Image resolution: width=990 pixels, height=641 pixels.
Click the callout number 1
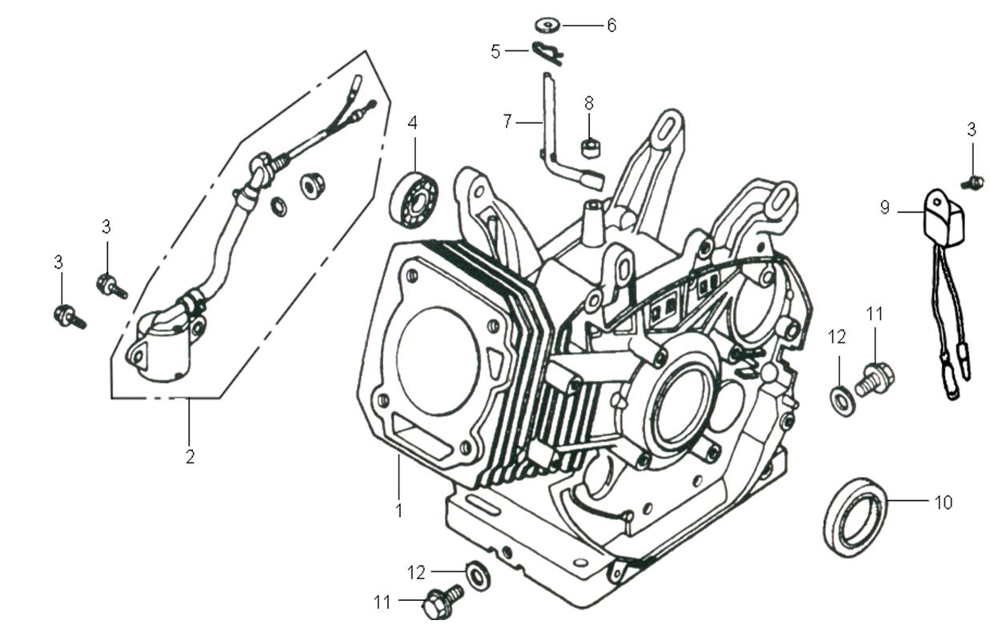[399, 509]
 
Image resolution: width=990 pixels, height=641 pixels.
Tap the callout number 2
[190, 458]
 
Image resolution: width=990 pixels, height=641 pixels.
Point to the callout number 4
[412, 123]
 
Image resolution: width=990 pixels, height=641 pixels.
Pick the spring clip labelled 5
[548, 52]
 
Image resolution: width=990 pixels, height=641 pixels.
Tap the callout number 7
[507, 122]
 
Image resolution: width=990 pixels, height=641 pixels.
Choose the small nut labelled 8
[589, 144]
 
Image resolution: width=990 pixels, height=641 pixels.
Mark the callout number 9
[884, 207]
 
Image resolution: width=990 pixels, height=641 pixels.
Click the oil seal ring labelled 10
[855, 516]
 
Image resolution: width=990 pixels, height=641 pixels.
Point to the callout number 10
[944, 503]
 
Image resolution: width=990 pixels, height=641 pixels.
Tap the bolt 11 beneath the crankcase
[439, 600]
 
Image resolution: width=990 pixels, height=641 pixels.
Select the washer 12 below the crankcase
[479, 575]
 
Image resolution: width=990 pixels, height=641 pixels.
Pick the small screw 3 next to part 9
[974, 182]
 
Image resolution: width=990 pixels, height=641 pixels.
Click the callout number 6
[611, 26]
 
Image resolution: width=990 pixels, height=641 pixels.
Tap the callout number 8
[589, 102]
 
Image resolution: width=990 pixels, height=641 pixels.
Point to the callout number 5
[495, 52]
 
